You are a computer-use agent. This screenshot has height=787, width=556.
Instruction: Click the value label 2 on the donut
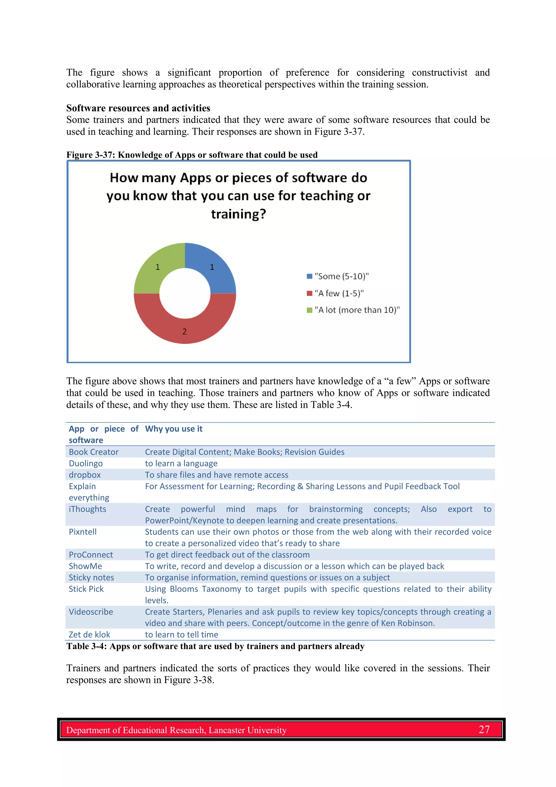point(185,331)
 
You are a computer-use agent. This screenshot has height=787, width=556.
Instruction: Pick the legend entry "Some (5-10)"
point(341,276)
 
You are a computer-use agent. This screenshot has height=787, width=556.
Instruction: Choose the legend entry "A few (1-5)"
point(339,293)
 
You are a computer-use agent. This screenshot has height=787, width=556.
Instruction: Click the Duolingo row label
point(86,463)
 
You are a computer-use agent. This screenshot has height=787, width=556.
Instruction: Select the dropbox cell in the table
point(85,475)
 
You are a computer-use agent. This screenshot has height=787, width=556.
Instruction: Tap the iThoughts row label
point(87,509)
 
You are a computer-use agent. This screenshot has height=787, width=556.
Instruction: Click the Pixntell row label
point(83,532)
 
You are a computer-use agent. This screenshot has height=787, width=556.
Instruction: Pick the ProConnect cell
point(91,555)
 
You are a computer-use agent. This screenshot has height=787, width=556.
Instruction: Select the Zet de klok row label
point(89,635)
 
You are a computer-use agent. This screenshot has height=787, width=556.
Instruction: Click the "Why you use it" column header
point(174,429)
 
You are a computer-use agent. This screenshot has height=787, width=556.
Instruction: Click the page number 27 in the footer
point(484,729)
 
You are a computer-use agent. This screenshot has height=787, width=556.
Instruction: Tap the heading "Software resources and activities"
point(138,108)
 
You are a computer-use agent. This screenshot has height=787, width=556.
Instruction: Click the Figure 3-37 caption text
point(192,155)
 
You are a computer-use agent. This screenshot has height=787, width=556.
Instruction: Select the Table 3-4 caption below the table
point(215,646)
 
